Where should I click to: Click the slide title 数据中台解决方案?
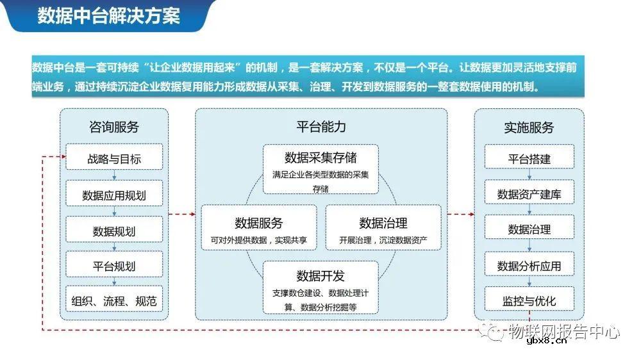coord(108,15)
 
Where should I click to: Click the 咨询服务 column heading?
coord(114,127)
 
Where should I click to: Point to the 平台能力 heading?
coord(321,126)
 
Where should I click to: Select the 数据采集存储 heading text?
coord(320,158)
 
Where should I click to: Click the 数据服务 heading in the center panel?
coord(259,223)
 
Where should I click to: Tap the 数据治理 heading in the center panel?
coord(383,223)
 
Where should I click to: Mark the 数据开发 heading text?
coord(320,275)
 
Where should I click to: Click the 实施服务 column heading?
coord(529,127)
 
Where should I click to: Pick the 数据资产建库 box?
coord(529,194)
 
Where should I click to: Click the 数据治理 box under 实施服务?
coord(529,229)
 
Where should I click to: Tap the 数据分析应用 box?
coord(529,265)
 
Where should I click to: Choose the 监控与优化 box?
coord(529,300)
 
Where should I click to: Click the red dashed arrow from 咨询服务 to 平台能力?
coord(181,215)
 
